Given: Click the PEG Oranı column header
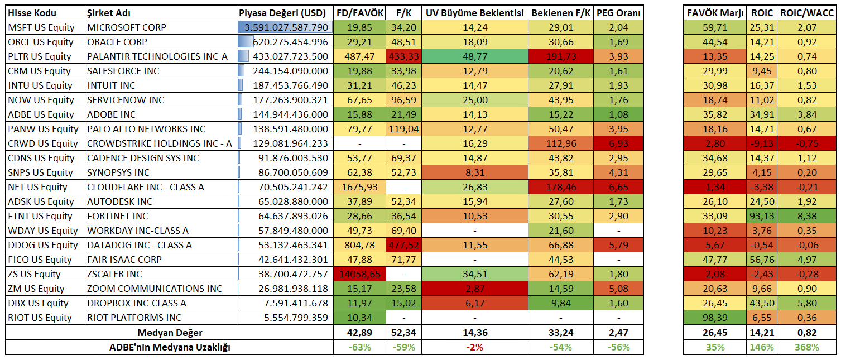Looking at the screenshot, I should (x=618, y=13).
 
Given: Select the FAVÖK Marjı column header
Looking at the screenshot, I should (x=715, y=13).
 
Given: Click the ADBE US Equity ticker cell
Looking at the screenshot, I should (x=40, y=114).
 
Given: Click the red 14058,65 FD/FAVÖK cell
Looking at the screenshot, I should (x=359, y=274).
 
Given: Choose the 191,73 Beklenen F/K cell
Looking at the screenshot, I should (x=561, y=56).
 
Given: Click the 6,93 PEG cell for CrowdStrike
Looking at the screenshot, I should (x=618, y=143).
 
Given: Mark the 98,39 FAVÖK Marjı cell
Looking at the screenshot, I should (x=715, y=318).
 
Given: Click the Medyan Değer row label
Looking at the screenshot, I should (x=171, y=333).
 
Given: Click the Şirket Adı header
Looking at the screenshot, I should (x=109, y=13).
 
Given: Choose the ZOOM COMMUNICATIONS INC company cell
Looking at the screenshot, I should (x=154, y=289).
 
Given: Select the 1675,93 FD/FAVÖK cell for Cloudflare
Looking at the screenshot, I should (x=359, y=187).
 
